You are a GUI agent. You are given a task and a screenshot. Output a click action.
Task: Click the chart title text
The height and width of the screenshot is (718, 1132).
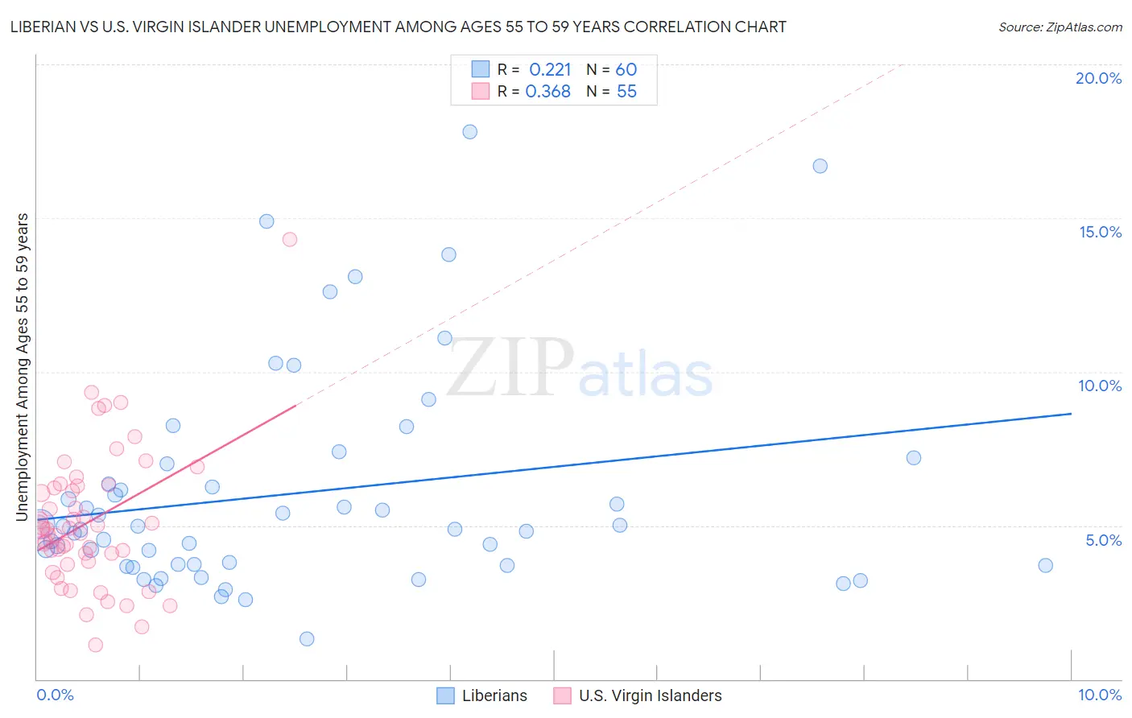(399, 27)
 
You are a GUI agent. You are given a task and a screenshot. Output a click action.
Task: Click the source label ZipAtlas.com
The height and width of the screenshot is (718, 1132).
(1060, 27)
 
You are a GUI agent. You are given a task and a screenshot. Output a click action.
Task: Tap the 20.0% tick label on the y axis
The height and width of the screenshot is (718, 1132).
(1098, 78)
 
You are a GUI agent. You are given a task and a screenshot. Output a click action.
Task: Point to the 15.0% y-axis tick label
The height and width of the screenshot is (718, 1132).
(1100, 232)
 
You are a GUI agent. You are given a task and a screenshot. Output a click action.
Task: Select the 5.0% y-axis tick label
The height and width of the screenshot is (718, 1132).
(1103, 540)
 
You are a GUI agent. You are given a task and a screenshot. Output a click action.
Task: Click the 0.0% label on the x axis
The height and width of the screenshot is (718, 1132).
(55, 695)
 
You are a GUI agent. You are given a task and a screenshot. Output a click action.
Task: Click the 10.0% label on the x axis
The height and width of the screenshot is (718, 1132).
(1099, 695)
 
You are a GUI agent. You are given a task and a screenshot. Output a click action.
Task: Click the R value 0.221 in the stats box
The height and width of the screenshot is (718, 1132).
(550, 70)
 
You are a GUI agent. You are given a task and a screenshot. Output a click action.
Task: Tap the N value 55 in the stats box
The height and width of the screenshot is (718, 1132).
(626, 92)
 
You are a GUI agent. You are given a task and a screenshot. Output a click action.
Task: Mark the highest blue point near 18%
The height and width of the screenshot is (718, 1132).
(470, 131)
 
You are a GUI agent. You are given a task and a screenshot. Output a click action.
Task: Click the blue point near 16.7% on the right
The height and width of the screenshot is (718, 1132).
(820, 166)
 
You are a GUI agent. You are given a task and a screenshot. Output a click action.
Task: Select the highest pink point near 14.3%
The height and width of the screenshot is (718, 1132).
(290, 239)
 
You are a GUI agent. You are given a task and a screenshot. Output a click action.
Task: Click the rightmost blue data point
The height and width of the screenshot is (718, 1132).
(1045, 565)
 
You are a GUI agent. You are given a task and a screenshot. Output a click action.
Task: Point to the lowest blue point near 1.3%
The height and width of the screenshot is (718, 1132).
(307, 639)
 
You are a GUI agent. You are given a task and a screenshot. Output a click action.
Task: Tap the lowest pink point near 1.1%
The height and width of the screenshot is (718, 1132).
(95, 645)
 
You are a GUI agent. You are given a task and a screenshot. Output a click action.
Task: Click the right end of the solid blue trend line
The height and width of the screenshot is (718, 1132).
(1071, 414)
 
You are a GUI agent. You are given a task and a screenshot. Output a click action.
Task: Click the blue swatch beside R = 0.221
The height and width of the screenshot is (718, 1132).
(481, 69)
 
